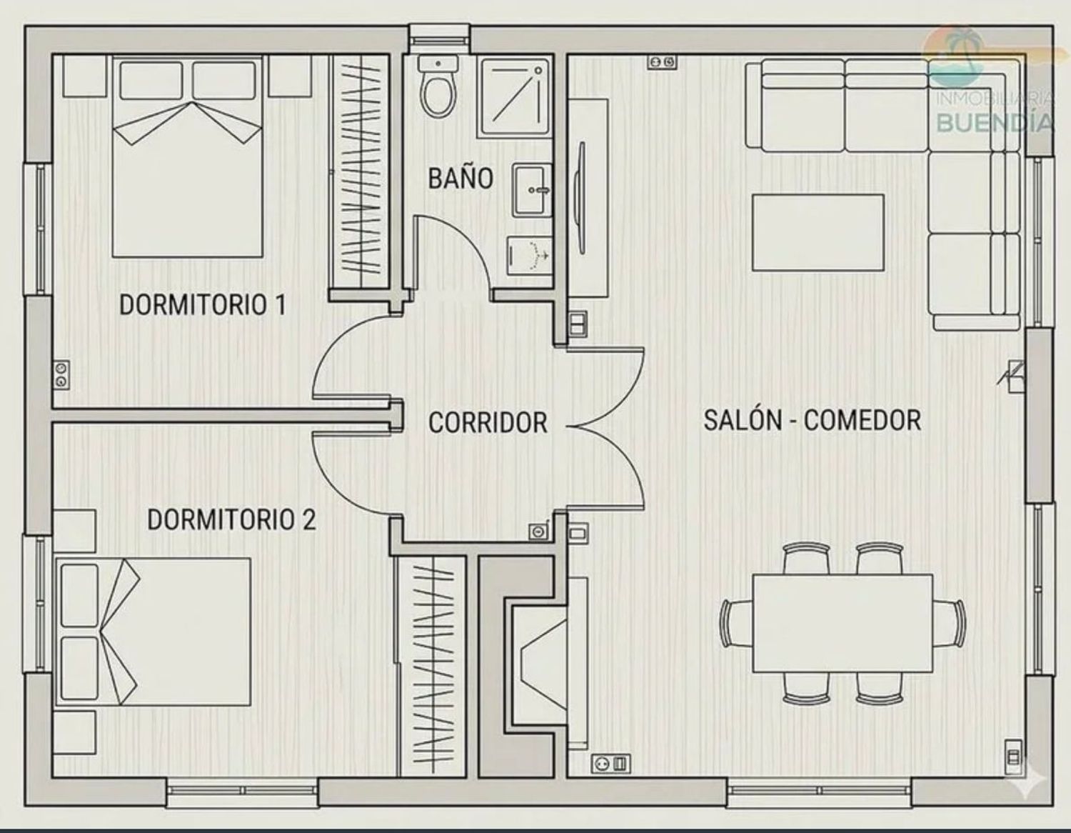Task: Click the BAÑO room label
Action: pos(461,179)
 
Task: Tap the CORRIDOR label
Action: pos(488,423)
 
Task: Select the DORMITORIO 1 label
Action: pos(203,305)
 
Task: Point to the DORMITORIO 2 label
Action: pos(231,520)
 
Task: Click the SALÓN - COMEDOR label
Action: pos(813,421)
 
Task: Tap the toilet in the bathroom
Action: pos(438,86)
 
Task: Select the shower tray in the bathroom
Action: pos(513,98)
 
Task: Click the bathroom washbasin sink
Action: pos(533,191)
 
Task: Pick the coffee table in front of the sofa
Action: pos(818,233)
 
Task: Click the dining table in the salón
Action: pos(843,624)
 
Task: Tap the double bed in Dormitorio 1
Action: pos(187,156)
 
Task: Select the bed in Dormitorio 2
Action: pos(153,632)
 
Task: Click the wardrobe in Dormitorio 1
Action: pos(361,171)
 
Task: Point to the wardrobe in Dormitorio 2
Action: pos(432,667)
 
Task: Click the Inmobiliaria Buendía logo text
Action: pos(995,114)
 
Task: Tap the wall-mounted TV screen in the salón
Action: pos(582,198)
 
